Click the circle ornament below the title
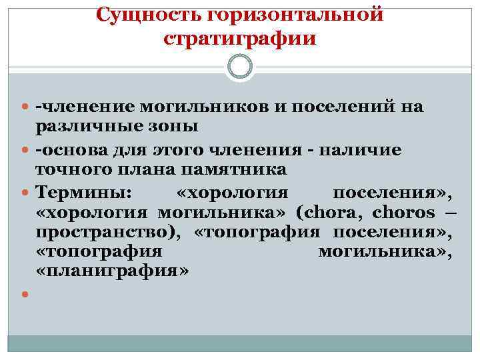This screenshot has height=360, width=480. [240, 67]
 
